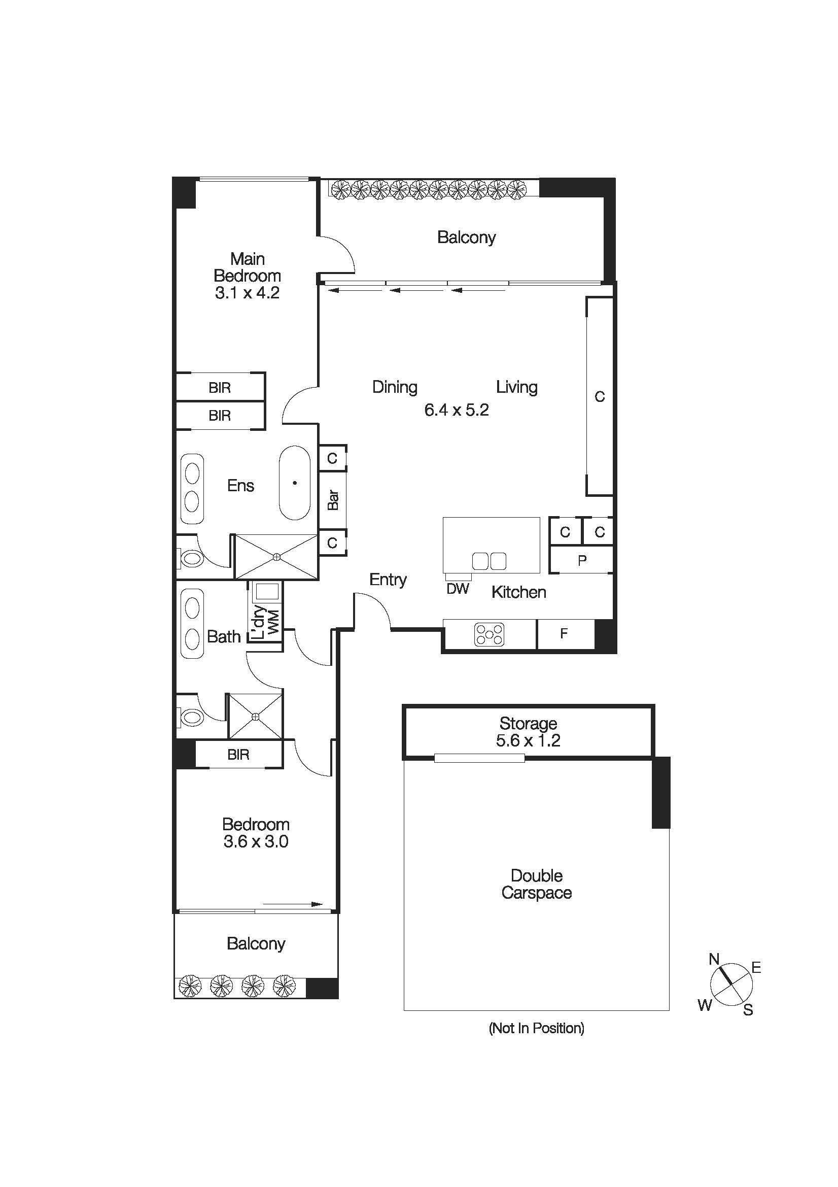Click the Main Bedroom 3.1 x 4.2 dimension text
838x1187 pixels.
click(247, 293)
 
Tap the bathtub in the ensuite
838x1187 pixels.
click(295, 483)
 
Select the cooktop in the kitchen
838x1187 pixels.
click(488, 634)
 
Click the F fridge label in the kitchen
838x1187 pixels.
click(564, 633)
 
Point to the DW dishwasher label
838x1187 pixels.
click(458, 588)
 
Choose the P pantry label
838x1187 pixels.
click(582, 560)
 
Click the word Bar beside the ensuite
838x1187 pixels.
click(333, 500)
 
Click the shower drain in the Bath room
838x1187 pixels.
click(255, 716)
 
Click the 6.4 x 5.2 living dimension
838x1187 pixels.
click(456, 410)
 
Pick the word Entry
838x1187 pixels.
click(388, 580)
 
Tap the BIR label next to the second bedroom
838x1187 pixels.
click(238, 755)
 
